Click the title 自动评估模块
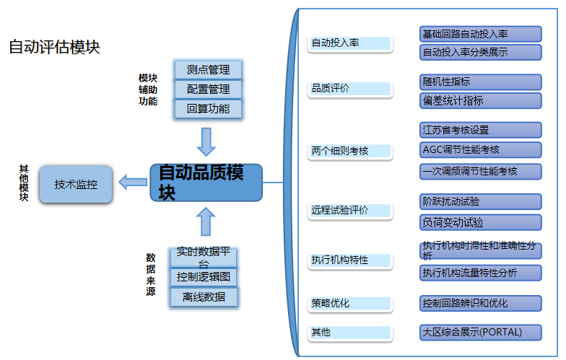click(54, 47)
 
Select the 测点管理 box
click(208, 70)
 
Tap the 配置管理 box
click(208, 89)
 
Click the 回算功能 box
click(208, 109)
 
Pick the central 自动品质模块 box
click(206, 183)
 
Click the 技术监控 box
click(76, 184)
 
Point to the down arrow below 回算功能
click(206, 141)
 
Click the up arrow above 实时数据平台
click(206, 221)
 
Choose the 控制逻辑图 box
click(204, 277)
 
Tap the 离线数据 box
click(204, 297)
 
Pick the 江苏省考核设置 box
click(480, 130)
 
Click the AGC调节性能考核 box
click(480, 150)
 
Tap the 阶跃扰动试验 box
click(480, 201)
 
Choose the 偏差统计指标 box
click(480, 101)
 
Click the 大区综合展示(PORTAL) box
click(480, 333)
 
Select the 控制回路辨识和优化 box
click(480, 303)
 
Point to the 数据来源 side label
click(151, 274)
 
